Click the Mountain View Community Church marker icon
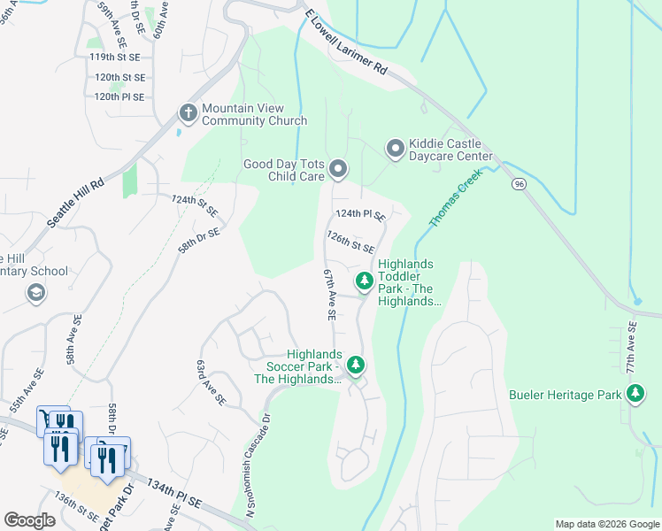188,113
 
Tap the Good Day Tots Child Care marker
337,168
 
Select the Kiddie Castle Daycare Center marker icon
395,147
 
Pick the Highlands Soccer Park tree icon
355,364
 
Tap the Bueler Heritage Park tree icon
635,394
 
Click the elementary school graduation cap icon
36,292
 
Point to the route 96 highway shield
519,184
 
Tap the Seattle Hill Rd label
75,204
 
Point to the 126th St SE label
350,242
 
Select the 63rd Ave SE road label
212,382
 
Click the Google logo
29,519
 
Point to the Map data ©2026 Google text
606,524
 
